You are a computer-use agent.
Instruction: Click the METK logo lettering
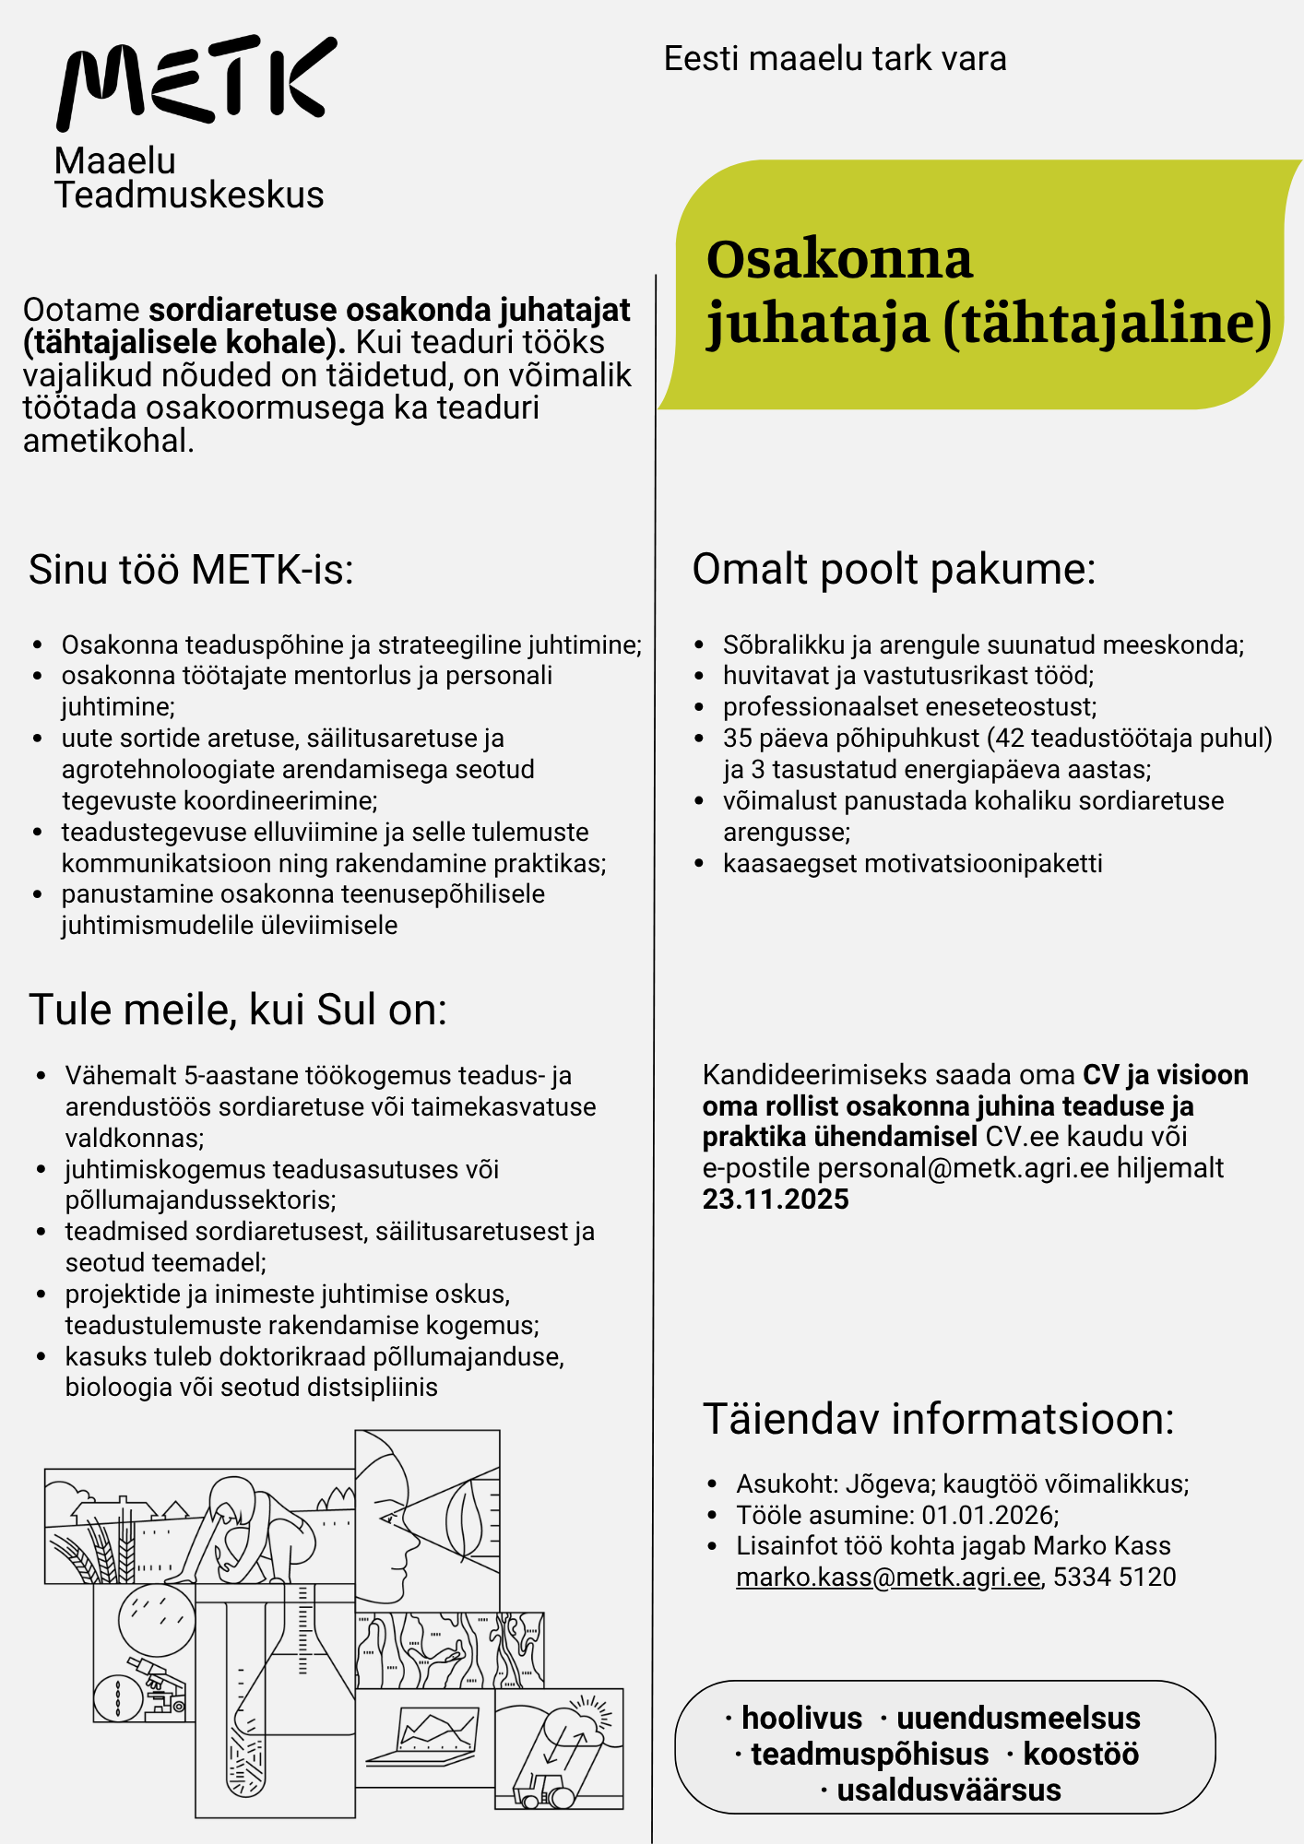196,81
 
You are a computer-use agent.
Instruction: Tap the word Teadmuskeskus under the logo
189,195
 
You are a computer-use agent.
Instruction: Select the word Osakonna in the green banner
839,259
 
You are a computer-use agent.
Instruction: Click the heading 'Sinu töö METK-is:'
191,570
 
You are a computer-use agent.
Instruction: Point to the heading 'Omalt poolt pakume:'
894,569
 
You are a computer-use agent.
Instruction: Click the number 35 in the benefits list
737,739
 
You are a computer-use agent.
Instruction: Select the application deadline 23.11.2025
776,1200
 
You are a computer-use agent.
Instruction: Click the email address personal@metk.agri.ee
963,1168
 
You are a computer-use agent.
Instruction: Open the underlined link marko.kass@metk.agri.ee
888,1578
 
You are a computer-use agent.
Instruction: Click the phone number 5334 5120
1114,1578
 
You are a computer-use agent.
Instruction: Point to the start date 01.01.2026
989,1516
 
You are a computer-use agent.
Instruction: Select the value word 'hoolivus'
801,1719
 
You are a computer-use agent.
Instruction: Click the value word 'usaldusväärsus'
948,1791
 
